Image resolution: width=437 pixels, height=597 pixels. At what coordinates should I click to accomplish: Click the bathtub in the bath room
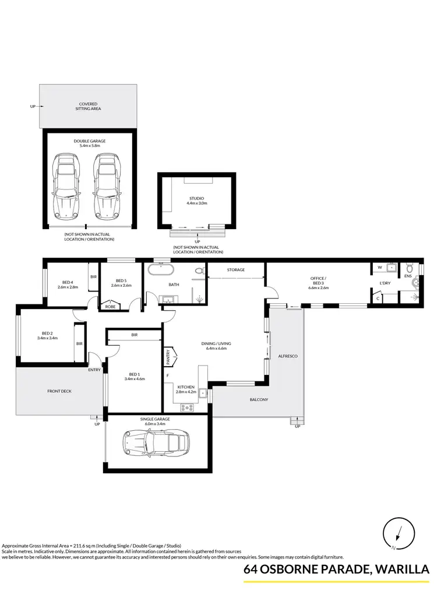point(159,271)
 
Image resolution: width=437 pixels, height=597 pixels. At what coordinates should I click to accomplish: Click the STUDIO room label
point(197,201)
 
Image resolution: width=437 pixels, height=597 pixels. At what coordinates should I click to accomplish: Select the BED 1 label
point(134,376)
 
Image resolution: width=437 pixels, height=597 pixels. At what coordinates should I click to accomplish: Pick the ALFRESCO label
point(288,355)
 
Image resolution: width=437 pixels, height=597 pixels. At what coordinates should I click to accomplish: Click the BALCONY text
point(259,399)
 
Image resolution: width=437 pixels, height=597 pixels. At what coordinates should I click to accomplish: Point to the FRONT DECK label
point(59,391)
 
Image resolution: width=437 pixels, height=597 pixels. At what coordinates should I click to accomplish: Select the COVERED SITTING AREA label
point(89,106)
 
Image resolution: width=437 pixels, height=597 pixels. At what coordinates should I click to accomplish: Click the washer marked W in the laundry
point(380,269)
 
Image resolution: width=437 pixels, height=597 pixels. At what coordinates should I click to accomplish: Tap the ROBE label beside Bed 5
point(109,305)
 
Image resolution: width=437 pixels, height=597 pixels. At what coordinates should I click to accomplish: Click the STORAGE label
point(236,270)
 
